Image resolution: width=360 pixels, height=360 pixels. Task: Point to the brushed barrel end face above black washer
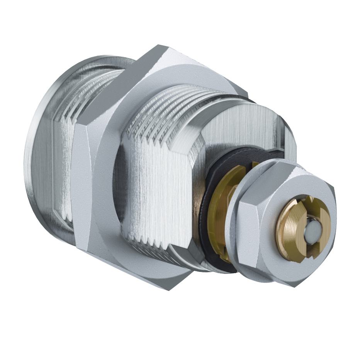point(247,124)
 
